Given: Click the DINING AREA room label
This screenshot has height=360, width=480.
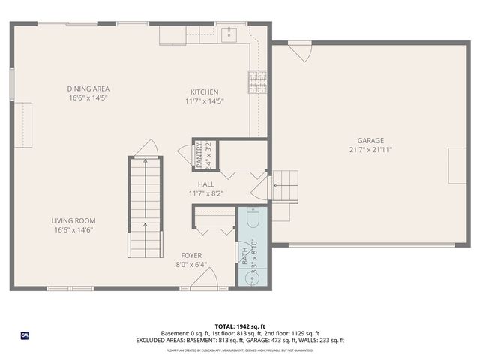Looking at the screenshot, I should click(x=88, y=88).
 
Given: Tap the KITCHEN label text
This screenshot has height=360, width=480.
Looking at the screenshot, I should click(x=205, y=91).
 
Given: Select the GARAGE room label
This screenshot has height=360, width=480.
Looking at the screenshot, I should click(x=370, y=140).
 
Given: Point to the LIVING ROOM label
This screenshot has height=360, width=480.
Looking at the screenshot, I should click(x=73, y=220).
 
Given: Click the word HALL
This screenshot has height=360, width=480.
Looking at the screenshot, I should click(x=206, y=184).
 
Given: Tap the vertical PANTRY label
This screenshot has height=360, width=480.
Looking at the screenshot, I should click(x=199, y=154).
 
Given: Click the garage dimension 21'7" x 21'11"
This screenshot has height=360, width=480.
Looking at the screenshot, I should click(x=370, y=149).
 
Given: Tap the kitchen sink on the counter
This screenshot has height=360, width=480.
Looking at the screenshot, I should click(x=231, y=34).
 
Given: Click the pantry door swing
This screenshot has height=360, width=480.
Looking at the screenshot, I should click(x=184, y=151).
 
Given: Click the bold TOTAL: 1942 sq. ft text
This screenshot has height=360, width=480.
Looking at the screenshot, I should click(x=239, y=325).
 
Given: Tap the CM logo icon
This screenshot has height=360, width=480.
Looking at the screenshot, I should click(x=24, y=334).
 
